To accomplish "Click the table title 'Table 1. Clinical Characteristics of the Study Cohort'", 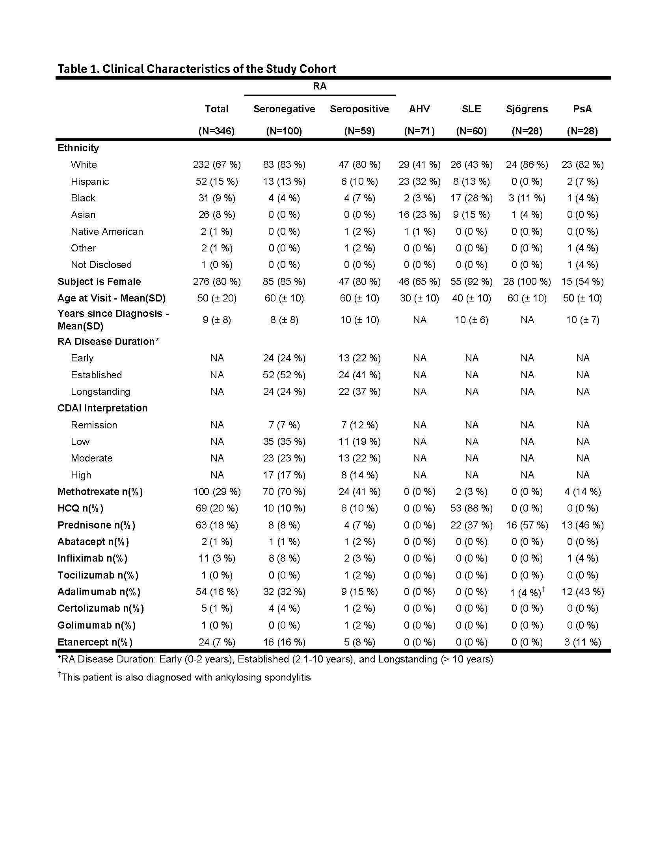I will [x=197, y=69].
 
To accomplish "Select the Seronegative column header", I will [x=284, y=109].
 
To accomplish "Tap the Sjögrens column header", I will [x=527, y=109].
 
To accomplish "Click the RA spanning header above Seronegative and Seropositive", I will [x=320, y=86].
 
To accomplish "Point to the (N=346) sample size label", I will [x=216, y=131].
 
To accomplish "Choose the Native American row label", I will [x=107, y=231].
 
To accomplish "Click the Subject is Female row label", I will [x=99, y=281].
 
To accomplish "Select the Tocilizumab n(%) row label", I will [x=98, y=575].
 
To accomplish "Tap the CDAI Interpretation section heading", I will [x=102, y=408].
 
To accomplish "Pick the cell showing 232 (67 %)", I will [x=217, y=164].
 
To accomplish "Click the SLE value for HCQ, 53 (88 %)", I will [x=471, y=508].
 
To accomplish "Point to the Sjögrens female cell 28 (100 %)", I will [x=527, y=281].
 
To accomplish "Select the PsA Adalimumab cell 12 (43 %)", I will [x=582, y=592].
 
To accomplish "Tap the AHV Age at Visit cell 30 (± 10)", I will [x=419, y=298].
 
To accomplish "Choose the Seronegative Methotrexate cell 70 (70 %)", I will [x=284, y=491].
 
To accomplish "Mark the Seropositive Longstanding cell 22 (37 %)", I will [x=359, y=391].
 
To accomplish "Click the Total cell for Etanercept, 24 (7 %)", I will [x=217, y=642].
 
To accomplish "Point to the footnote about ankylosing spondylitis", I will [x=185, y=677].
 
